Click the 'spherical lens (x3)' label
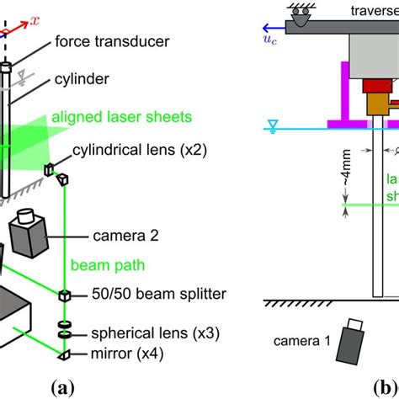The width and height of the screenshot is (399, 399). [140, 333]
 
